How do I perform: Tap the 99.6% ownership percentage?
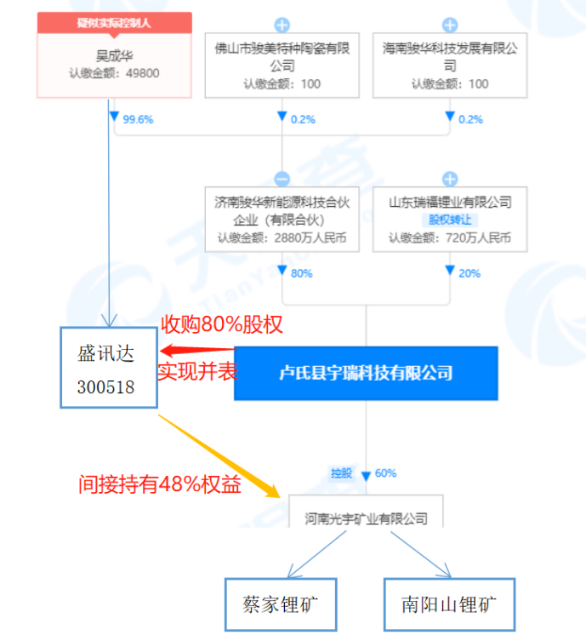pos(138,120)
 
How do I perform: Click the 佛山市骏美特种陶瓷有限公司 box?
pos(282,65)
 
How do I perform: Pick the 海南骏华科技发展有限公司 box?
pos(450,65)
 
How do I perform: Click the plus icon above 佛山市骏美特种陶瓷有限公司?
pos(282,25)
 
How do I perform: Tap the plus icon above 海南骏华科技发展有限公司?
pos(450,25)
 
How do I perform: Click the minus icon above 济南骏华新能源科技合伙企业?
pos(282,179)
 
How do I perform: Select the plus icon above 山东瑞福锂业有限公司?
pos(450,179)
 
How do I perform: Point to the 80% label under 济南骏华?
pos(301,273)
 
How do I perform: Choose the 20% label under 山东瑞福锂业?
pos(469,273)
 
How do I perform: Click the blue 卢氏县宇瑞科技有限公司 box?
pos(366,373)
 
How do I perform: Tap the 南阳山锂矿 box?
pos(446,605)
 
